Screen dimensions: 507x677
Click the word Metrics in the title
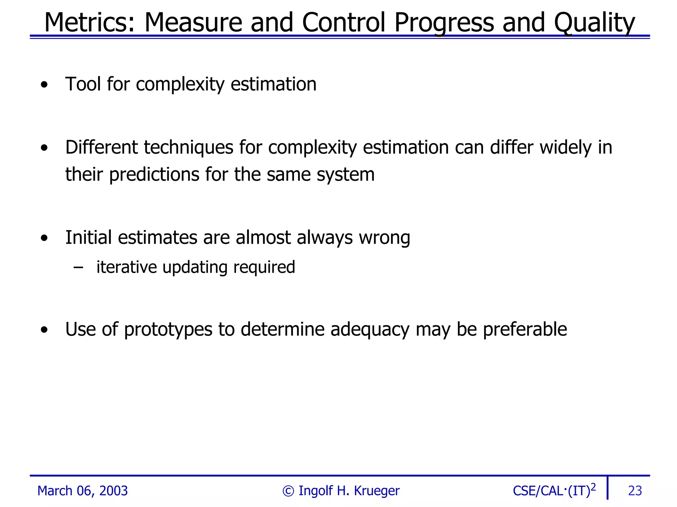click(x=89, y=22)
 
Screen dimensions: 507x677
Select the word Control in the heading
click(x=344, y=22)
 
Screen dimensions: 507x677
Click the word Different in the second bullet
click(x=101, y=147)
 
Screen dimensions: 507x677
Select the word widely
click(x=566, y=147)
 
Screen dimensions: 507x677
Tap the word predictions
click(x=154, y=175)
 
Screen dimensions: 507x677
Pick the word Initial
click(x=88, y=238)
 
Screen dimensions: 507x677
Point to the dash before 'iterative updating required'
click(x=78, y=267)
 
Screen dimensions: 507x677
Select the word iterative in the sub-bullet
click(x=127, y=267)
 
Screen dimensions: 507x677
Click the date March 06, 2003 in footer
click(x=82, y=491)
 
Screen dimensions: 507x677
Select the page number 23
click(x=635, y=491)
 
